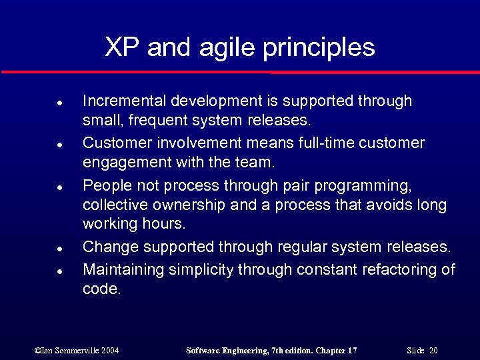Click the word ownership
tap(196, 205)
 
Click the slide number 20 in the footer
tap(433, 351)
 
